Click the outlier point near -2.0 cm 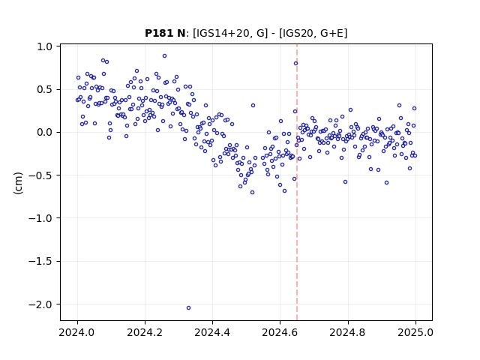coord(188,307)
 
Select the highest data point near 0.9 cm coord(164,56)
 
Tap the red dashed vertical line coord(297,182)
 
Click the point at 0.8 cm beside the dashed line coord(295,63)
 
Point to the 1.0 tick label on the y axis coord(45,46)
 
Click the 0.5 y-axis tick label coord(45,90)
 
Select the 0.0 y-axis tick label coord(45,133)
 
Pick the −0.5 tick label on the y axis coord(40,175)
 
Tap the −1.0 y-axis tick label coord(40,218)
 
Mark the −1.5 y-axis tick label coord(40,262)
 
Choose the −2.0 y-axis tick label coord(40,304)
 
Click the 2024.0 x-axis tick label coord(77,332)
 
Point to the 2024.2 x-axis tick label coord(145,332)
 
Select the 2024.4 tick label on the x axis coord(212,332)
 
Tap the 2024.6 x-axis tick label coord(280,332)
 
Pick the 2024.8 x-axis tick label coord(347,332)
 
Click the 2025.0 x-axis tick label coord(415,332)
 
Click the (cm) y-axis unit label coord(18,183)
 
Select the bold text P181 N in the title coord(165,33)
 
